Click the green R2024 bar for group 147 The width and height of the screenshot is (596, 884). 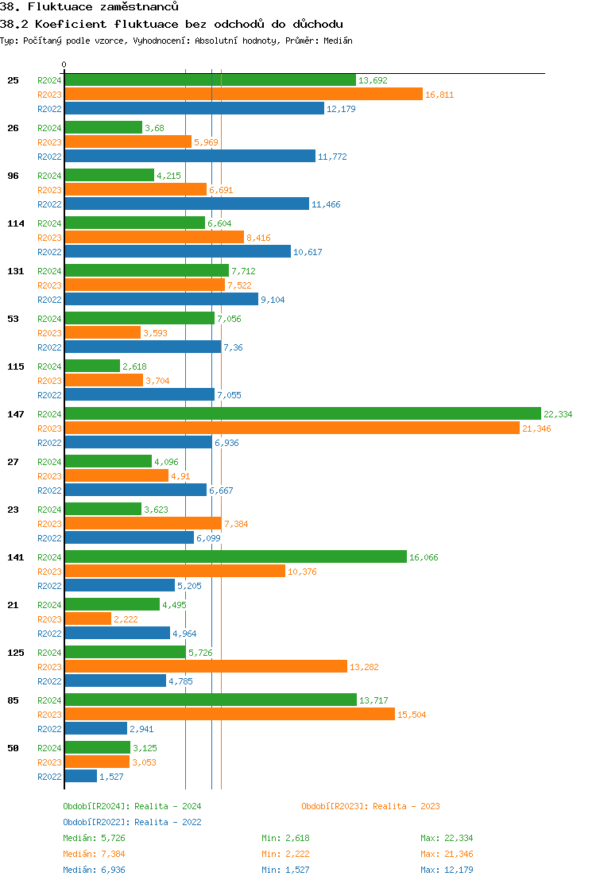tap(302, 413)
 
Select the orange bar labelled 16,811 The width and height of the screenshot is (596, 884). tap(243, 94)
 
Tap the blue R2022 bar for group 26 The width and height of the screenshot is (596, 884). tap(190, 156)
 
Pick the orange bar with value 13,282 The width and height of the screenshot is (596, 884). tap(206, 666)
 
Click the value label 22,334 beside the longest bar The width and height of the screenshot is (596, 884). tap(558, 414)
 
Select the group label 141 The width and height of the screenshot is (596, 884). tap(16, 557)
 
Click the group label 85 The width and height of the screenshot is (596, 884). tap(13, 700)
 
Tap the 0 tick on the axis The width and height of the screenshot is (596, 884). tap(64, 64)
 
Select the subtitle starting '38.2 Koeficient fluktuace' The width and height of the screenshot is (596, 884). tap(172, 24)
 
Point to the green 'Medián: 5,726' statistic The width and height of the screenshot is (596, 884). tap(94, 838)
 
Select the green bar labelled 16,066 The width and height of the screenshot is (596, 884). tap(235, 556)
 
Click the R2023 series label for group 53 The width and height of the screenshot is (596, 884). tap(49, 333)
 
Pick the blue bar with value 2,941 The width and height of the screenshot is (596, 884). tap(95, 728)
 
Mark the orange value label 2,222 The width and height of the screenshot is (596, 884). tap(126, 619)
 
